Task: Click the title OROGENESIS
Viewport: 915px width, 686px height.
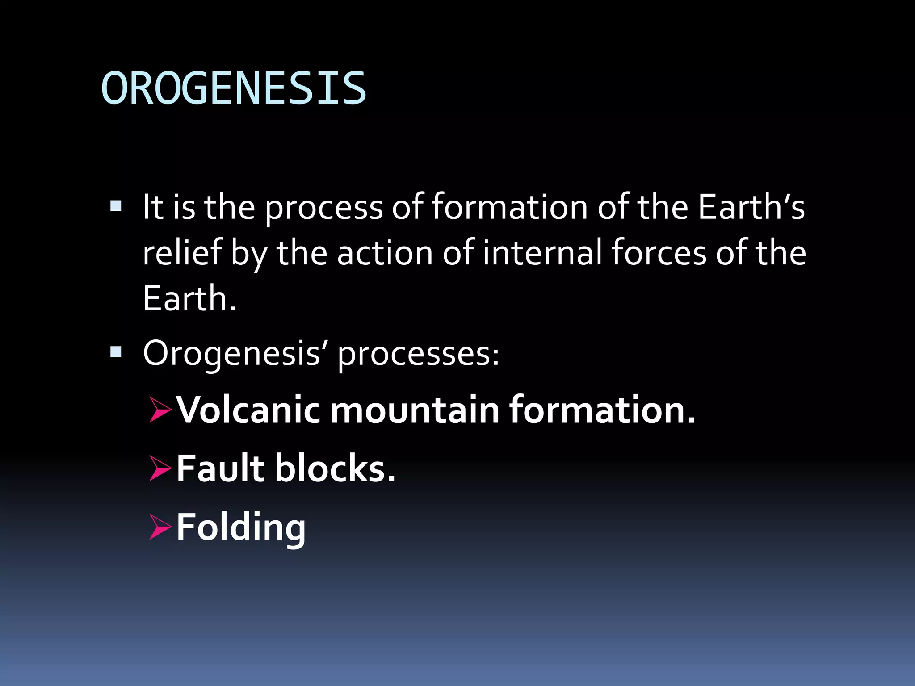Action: click(234, 88)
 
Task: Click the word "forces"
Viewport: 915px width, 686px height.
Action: click(659, 252)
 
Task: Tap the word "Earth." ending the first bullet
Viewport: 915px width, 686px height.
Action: click(189, 298)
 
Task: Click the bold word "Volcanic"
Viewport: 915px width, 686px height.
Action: click(248, 410)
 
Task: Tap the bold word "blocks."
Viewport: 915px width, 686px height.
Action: click(335, 468)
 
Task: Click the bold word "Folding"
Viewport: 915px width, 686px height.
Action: click(241, 527)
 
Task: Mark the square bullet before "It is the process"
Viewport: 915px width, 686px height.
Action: click(116, 206)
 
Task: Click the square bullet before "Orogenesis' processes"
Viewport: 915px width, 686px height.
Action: click(116, 352)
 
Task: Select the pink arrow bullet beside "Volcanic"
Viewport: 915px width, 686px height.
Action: click(160, 410)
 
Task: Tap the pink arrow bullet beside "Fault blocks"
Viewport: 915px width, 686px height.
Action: click(160, 468)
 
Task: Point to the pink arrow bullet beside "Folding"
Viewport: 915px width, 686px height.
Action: click(160, 527)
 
